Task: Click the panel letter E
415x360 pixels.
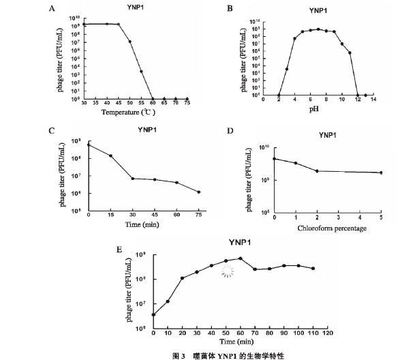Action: click(120, 250)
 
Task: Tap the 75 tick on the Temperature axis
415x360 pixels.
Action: click(187, 103)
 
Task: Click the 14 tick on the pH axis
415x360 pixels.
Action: click(373, 100)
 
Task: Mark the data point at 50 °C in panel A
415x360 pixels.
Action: click(129, 42)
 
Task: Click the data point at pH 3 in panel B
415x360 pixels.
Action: click(287, 69)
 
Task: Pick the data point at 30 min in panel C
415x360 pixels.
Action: click(133, 179)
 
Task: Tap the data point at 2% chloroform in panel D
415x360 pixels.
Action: click(317, 171)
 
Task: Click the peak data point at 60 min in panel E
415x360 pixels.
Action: click(241, 258)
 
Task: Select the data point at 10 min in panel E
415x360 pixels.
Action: click(168, 301)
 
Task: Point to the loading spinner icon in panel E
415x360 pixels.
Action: click(228, 272)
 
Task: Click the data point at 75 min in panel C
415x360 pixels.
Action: click(198, 192)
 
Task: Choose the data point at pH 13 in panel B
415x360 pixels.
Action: click(365, 95)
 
